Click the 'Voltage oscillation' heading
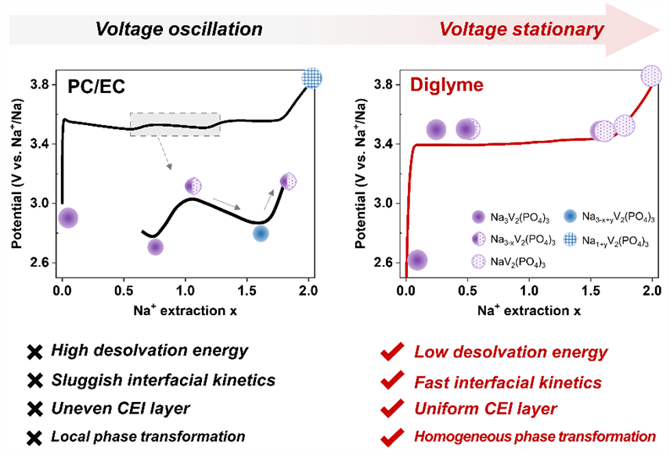(178, 29)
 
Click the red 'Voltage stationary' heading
(521, 29)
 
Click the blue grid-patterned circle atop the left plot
(312, 78)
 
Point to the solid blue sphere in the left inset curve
(261, 233)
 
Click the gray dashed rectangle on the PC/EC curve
(175, 124)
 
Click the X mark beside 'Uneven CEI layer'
(34, 408)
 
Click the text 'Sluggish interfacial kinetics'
(164, 381)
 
